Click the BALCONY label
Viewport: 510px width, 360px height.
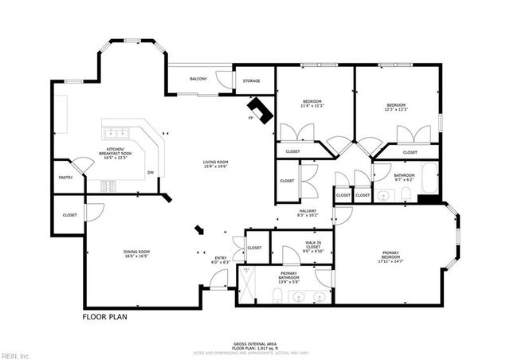coord(198,79)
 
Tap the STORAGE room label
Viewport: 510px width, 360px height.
coord(252,80)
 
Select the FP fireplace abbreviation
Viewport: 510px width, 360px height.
coord(250,119)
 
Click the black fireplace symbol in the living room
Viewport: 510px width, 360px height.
coord(260,109)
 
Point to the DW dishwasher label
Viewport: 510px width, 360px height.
coord(150,173)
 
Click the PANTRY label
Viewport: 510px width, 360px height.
coord(65,178)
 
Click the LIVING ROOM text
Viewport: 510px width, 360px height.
coord(215,162)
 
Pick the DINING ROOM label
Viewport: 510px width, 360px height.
coord(137,252)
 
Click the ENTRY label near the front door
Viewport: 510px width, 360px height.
coord(220,258)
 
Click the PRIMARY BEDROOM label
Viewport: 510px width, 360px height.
coord(390,256)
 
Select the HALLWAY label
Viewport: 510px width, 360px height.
coord(308,211)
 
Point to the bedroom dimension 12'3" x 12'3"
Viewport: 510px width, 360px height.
coord(397,110)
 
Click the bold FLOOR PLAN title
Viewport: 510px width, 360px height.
coord(104,316)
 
